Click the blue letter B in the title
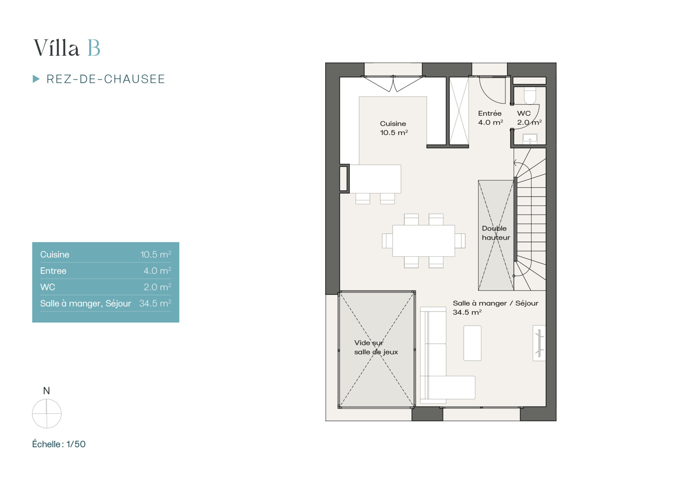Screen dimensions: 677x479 pos(94,48)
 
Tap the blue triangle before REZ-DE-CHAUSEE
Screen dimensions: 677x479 pos(36,79)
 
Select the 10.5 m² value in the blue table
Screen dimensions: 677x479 pos(155,254)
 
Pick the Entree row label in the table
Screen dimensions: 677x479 pos(53,271)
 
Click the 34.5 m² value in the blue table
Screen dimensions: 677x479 pos(155,303)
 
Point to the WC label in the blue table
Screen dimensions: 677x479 pos(48,287)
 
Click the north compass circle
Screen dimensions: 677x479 pos(47,413)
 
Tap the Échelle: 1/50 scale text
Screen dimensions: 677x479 pos(59,444)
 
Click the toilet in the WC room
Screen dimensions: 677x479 pos(530,96)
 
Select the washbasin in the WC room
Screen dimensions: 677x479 pos(530,139)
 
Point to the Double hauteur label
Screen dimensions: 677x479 pos(496,233)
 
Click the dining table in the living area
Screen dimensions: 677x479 pos(423,241)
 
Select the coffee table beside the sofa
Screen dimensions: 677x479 pos(472,343)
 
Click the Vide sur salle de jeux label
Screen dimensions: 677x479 pos(376,347)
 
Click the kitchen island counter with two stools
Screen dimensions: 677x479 pos(375,179)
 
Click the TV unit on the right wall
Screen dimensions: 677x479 pos(539,343)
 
